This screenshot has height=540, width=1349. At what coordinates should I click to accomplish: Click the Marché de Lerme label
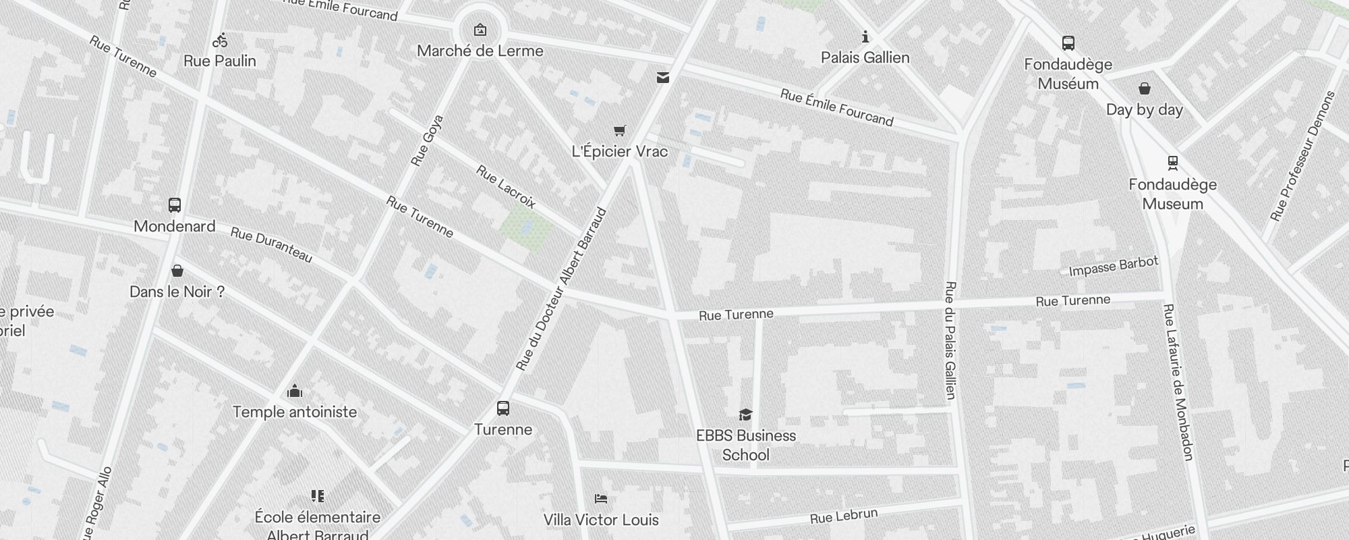click(x=480, y=51)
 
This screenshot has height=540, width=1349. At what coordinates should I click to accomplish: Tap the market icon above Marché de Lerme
click(x=480, y=30)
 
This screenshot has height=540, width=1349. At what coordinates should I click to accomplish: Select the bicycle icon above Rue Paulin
click(x=220, y=40)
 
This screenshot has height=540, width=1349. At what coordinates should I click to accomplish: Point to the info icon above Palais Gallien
click(x=865, y=36)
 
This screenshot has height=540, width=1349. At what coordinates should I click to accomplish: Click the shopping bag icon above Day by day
click(x=1145, y=88)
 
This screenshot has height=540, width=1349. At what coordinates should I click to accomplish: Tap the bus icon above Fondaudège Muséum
click(x=1068, y=43)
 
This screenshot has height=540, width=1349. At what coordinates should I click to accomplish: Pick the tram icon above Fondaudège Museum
click(x=1173, y=163)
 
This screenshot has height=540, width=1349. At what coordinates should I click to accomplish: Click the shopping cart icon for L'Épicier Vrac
click(x=620, y=130)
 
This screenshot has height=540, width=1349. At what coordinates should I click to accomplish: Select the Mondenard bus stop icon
click(x=175, y=205)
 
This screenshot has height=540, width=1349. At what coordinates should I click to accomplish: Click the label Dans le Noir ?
click(x=177, y=292)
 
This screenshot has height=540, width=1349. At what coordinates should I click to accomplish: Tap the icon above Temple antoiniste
click(x=295, y=391)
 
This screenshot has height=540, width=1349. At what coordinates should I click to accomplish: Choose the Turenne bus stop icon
click(x=503, y=408)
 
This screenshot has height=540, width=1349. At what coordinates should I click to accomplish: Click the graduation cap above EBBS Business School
click(x=745, y=414)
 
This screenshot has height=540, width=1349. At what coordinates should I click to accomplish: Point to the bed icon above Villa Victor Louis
click(x=601, y=499)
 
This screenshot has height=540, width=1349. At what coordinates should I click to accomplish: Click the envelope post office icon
click(x=663, y=78)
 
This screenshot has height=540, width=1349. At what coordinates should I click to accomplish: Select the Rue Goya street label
click(x=427, y=140)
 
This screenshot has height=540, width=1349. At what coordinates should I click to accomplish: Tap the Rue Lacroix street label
click(x=506, y=186)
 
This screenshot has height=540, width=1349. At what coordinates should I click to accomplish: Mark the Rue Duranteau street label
click(x=271, y=244)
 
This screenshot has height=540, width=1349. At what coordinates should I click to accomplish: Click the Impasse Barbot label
click(x=1114, y=266)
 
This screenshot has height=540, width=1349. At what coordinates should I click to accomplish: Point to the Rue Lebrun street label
click(x=844, y=516)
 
